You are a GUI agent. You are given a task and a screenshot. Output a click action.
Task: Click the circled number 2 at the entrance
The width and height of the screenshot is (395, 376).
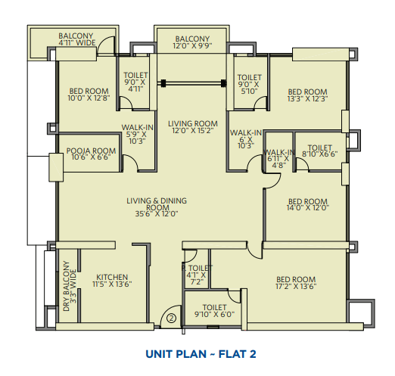click(x=171, y=318)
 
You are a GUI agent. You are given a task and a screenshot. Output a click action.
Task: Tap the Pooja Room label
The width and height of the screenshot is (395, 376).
click(x=91, y=151)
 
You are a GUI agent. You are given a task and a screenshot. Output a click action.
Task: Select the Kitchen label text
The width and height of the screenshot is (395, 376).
click(x=112, y=277)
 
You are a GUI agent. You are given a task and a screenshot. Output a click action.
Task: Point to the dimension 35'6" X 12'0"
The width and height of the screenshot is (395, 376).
click(x=157, y=214)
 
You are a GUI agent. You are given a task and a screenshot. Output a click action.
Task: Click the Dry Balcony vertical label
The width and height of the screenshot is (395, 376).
click(x=70, y=286)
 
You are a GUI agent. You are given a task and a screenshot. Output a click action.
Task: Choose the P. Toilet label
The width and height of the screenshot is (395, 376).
click(x=197, y=268)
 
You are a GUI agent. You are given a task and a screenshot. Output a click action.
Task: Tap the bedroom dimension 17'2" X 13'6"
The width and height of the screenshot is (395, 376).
click(x=296, y=286)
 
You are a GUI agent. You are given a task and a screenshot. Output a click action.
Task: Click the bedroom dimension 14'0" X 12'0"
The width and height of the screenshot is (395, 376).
click(x=308, y=208)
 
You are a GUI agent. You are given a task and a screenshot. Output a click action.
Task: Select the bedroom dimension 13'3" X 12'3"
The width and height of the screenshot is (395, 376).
click(x=308, y=98)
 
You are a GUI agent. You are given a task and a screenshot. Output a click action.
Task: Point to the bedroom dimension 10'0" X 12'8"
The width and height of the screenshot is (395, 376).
click(x=89, y=98)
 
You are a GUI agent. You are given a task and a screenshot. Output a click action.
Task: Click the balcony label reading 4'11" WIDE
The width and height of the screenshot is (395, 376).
click(x=77, y=42)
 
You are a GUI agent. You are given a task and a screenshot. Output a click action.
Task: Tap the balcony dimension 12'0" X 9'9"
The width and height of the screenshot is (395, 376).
click(x=192, y=45)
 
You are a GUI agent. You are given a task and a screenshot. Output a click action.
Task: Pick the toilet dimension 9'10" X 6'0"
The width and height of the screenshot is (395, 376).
click(x=214, y=314)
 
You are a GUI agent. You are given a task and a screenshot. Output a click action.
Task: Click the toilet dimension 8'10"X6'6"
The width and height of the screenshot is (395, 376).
click(x=320, y=154)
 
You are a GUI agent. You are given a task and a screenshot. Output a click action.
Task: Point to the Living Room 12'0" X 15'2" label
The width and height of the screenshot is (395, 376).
click(x=193, y=127)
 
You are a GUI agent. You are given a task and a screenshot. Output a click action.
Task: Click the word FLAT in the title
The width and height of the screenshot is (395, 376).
click(x=232, y=354)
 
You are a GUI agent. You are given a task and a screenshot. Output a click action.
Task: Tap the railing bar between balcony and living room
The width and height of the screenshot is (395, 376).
click(x=193, y=82)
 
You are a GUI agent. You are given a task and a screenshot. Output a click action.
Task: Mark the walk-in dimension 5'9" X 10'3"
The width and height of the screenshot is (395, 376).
click(x=137, y=138)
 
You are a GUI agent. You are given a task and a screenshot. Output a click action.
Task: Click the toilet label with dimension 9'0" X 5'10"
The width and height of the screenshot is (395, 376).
click(x=249, y=84)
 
